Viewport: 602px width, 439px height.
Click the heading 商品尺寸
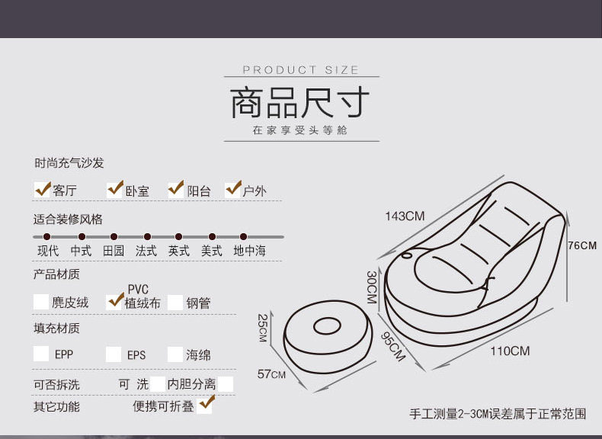coord(300,103)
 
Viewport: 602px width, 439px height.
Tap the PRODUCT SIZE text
coord(300,70)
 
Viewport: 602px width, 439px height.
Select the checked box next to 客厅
coord(43,189)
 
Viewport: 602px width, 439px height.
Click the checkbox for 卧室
coord(116,188)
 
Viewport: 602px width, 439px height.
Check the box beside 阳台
coord(177,188)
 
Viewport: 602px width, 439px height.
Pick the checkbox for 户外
coord(233,188)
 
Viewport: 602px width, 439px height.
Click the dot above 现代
coord(47,237)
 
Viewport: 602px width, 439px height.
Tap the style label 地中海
coord(250,251)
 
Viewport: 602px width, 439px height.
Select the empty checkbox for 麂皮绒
coord(41,302)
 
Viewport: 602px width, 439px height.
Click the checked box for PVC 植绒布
coord(116,300)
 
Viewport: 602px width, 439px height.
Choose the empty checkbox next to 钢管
coord(175,302)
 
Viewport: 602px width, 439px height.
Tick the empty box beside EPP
coord(41,354)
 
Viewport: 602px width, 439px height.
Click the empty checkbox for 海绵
coord(175,354)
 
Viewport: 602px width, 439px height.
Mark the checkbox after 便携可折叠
coord(205,405)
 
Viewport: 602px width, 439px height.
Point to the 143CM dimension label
coord(405,216)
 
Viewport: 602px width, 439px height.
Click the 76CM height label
coord(583,245)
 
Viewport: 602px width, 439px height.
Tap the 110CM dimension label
coord(510,351)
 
